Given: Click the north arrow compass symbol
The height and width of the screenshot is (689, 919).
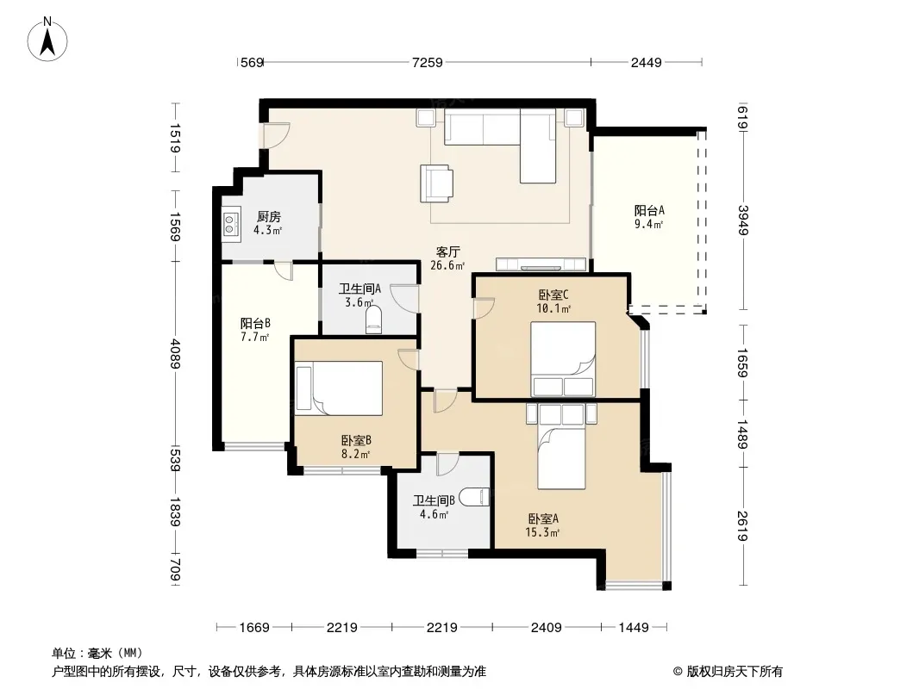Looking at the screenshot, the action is tap(47, 40).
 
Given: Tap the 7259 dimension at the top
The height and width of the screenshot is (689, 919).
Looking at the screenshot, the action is tap(428, 62).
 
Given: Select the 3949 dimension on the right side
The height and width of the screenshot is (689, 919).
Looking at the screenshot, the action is tap(743, 220).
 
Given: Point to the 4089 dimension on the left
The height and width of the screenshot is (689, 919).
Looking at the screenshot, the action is tap(175, 352).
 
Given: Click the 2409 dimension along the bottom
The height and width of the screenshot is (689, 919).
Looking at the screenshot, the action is tap(547, 628).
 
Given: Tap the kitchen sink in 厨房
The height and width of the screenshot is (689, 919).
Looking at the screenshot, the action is tap(231, 224).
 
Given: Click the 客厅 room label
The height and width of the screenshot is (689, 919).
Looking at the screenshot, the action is tap(447, 251).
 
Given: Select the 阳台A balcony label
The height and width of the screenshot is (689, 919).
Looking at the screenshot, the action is tap(649, 210).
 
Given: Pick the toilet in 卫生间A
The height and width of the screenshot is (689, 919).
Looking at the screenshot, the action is tap(373, 320).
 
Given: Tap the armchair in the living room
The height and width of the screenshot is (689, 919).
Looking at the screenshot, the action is tap(436, 183).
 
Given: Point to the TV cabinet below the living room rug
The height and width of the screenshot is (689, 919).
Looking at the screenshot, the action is tap(541, 264).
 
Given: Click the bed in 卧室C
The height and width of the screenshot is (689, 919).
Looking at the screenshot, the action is tap(563, 359).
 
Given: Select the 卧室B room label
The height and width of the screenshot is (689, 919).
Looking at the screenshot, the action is tap(356, 440).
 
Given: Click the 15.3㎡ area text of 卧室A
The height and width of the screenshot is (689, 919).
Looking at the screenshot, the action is tap(543, 532).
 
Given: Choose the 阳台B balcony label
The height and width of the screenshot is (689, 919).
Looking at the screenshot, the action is tap(255, 323).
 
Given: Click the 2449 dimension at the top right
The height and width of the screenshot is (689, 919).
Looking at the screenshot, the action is tap(646, 62).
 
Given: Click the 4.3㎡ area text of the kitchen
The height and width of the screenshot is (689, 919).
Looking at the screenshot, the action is tap(268, 230).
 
